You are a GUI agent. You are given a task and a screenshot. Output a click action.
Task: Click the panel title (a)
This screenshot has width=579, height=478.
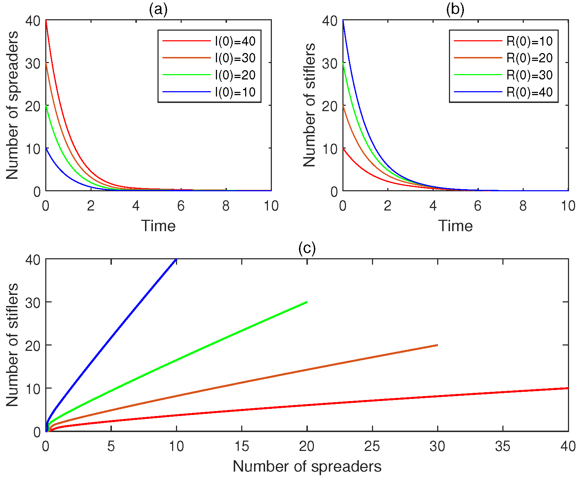click(x=158, y=10)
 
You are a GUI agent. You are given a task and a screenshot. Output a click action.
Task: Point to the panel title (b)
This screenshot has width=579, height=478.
click(x=455, y=10)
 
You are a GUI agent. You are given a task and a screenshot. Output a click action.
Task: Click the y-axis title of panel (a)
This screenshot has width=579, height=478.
click(x=12, y=105)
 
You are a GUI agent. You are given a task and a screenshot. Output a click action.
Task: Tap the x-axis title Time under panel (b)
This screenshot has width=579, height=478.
click(x=455, y=226)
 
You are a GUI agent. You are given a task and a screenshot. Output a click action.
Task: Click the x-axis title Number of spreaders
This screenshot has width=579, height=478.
click(x=307, y=466)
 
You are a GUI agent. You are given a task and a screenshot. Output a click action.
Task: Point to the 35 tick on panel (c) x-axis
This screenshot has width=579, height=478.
click(x=503, y=446)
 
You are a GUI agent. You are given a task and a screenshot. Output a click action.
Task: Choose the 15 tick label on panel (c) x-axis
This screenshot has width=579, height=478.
click(x=242, y=446)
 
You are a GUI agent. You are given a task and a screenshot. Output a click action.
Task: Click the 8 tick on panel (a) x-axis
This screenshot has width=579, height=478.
click(x=226, y=206)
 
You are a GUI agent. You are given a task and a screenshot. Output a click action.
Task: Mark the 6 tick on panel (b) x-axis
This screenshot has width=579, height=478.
click(x=478, y=206)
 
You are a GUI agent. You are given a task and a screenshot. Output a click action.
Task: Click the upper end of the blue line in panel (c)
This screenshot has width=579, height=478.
click(x=176, y=259)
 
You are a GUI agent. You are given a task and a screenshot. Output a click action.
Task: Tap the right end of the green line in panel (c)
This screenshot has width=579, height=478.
click(x=307, y=302)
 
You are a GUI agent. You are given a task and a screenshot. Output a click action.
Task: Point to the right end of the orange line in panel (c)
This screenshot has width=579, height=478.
click(x=438, y=345)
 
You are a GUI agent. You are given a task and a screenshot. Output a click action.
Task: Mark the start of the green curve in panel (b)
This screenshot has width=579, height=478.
click(x=343, y=63)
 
